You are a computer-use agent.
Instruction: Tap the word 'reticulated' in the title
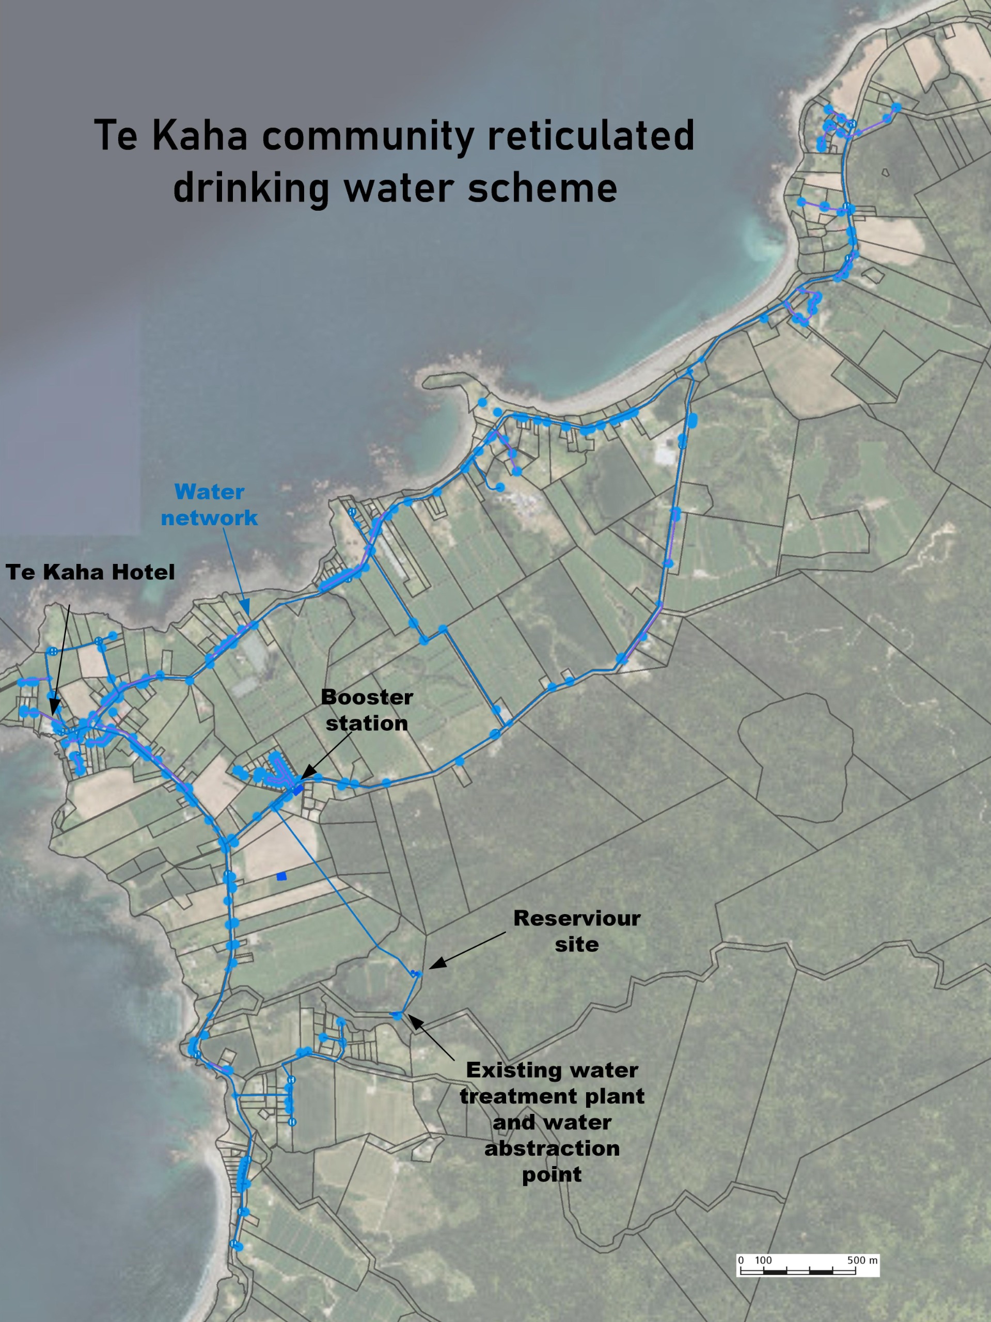(591, 136)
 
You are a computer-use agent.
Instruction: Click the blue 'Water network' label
(209, 505)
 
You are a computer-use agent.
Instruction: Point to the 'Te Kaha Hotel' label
(90, 572)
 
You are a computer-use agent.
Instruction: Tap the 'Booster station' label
(366, 710)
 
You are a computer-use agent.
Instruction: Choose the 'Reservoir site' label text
(576, 931)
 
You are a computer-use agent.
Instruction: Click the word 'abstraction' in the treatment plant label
(552, 1148)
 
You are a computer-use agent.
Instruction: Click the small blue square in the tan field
(281, 876)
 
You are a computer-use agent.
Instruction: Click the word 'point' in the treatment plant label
(552, 1174)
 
